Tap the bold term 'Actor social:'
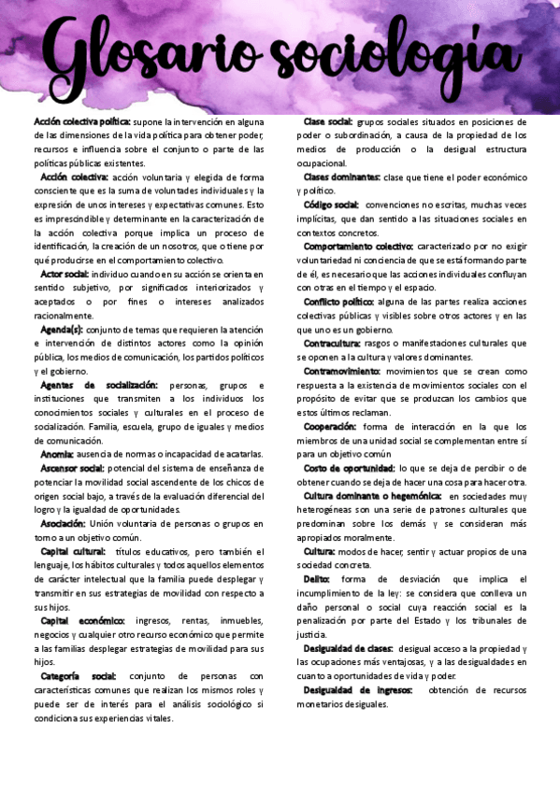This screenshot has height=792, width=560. (65, 274)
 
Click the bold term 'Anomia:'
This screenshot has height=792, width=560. (57, 454)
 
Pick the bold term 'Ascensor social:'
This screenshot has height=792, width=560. (71, 468)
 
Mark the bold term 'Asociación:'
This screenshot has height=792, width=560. (63, 523)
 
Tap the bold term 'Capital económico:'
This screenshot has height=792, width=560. (82, 620)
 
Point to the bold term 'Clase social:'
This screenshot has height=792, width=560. (328, 121)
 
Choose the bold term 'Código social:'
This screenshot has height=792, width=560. (331, 204)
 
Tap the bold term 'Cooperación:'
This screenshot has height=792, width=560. (330, 426)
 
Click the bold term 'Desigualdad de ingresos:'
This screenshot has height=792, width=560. (357, 689)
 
